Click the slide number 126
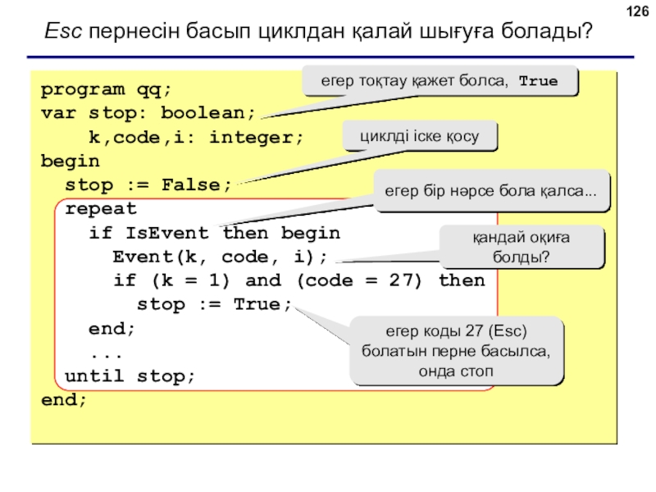(x=637, y=11)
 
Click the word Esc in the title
(x=63, y=30)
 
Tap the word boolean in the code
(x=208, y=113)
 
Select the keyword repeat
(x=101, y=209)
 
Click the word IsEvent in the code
(x=167, y=233)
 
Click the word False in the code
(x=191, y=185)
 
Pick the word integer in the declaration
(x=256, y=137)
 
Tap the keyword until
(x=94, y=376)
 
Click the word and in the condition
(x=263, y=280)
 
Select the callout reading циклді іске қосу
(x=420, y=135)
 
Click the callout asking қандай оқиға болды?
(x=522, y=247)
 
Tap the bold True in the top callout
(x=538, y=80)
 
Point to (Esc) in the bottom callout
(x=507, y=331)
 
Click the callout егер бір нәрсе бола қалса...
(x=491, y=191)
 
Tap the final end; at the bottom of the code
(x=64, y=399)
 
